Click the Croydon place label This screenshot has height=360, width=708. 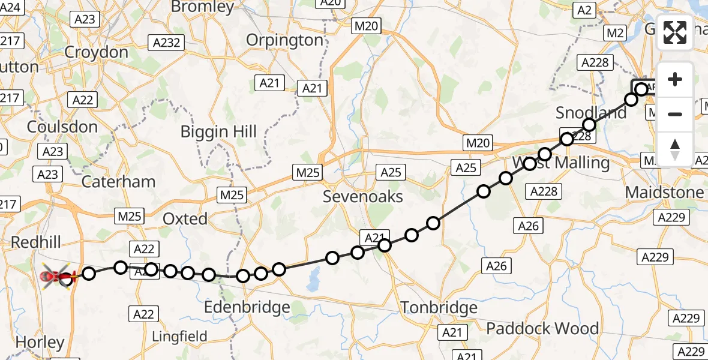pyautogui.click(x=96, y=52)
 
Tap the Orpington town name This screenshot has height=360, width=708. pyautogui.click(x=285, y=40)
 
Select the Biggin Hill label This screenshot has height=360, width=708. pyautogui.click(x=220, y=132)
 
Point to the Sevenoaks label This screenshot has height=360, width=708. pyautogui.click(x=362, y=196)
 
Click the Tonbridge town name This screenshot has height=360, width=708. pyautogui.click(x=439, y=308)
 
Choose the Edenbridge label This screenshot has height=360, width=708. pyautogui.click(x=247, y=307)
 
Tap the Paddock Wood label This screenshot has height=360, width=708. pyautogui.click(x=542, y=328)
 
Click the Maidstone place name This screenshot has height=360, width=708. pyautogui.click(x=664, y=193)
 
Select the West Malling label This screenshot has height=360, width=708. pyautogui.click(x=560, y=163)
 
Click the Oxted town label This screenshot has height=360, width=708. pyautogui.click(x=185, y=218)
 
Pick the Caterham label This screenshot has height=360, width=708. pyautogui.click(x=118, y=181)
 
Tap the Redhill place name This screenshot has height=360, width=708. pyautogui.click(x=35, y=242)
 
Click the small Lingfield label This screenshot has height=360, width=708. pyautogui.click(x=179, y=336)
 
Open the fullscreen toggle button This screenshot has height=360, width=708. pyautogui.click(x=675, y=32)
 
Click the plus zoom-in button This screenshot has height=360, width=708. pyautogui.click(x=675, y=79)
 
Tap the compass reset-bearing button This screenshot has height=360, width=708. pyautogui.click(x=675, y=149)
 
